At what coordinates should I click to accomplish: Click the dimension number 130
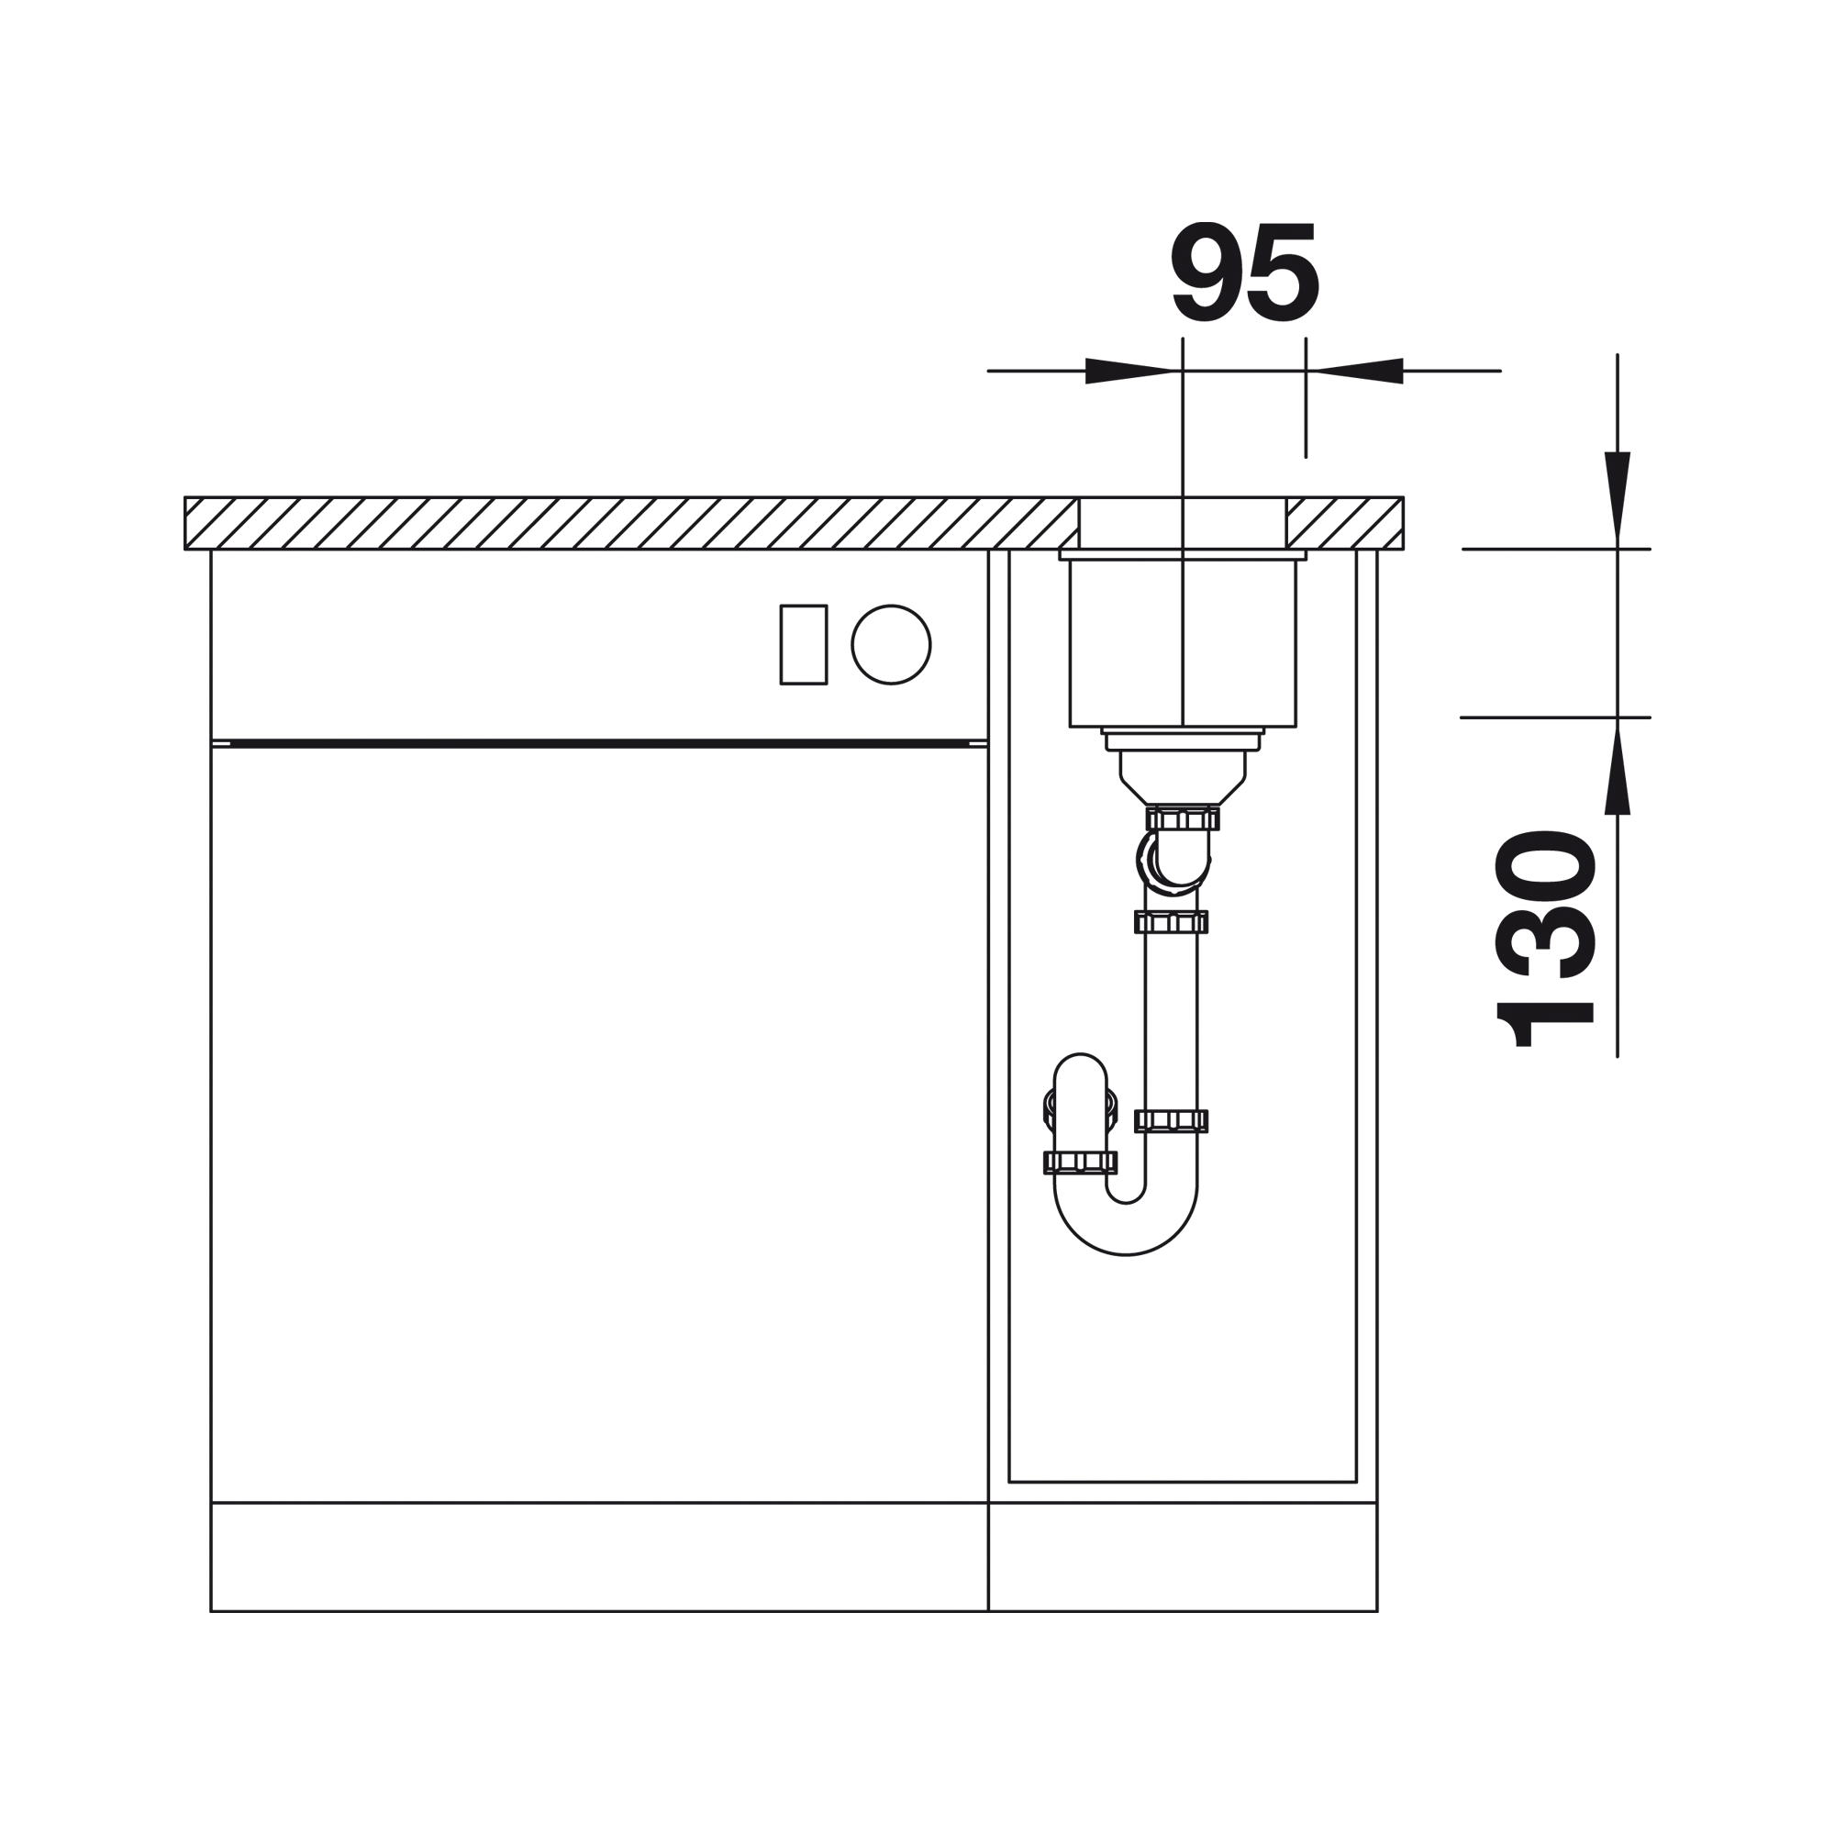click(1546, 939)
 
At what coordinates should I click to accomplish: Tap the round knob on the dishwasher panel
click(891, 644)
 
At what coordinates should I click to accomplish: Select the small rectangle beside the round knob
click(804, 644)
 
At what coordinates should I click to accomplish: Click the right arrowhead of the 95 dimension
click(1354, 371)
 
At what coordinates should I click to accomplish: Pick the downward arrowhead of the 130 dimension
click(1618, 500)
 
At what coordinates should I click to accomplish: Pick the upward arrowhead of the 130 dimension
click(1618, 765)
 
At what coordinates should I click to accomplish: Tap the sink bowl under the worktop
click(1183, 643)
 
